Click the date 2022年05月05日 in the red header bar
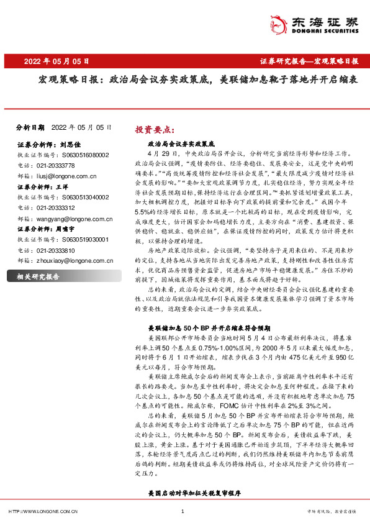pos(56,62)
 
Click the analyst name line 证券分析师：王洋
pos(41,186)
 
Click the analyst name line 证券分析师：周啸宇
pos(46,229)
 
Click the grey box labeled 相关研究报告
pos(37,276)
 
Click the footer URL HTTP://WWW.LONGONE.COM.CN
pos(42,511)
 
